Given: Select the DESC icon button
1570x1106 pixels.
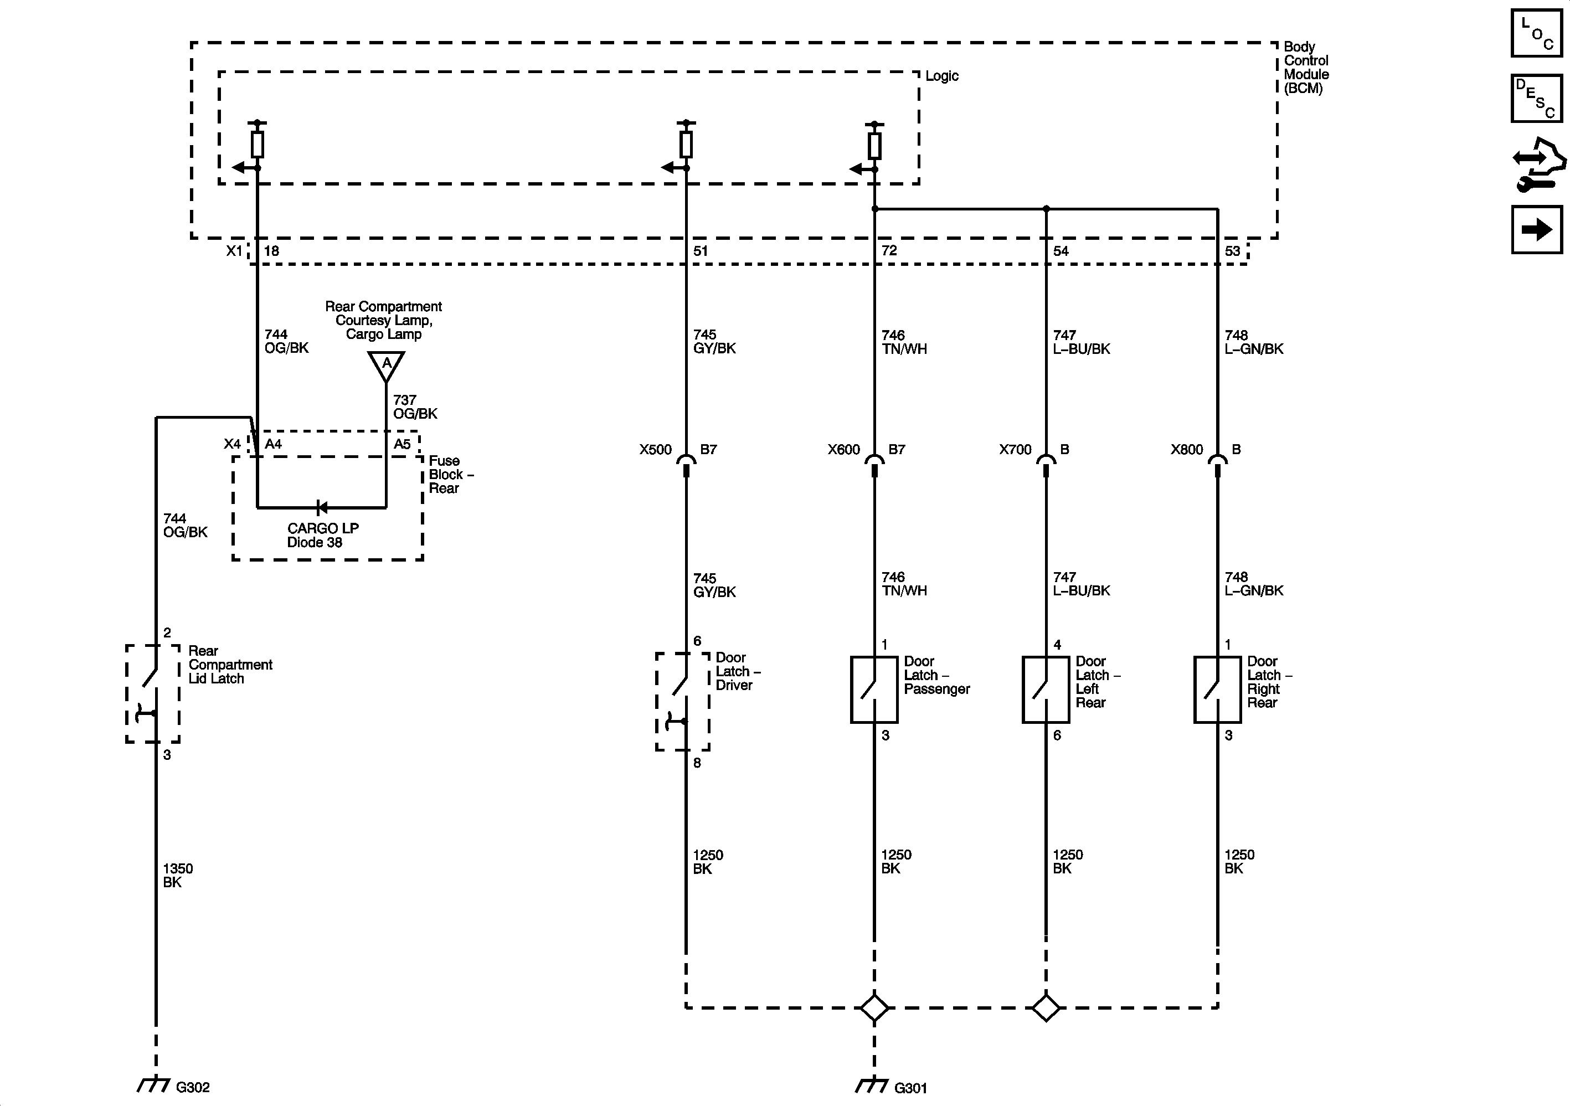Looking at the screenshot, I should tap(1536, 98).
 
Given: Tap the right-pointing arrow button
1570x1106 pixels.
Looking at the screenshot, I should tap(1536, 230).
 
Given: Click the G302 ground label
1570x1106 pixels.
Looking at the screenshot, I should tap(192, 1087).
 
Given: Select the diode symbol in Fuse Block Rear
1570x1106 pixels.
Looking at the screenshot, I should tap(321, 507).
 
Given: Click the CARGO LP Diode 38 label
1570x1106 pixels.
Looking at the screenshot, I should tap(322, 535).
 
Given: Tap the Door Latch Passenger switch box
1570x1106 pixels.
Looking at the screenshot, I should tap(874, 690).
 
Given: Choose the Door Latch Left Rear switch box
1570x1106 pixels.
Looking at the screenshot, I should tap(1046, 690).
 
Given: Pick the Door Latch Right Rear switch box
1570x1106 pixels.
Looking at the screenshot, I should tap(1217, 690).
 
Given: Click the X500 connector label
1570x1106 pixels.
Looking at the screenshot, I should tap(655, 449).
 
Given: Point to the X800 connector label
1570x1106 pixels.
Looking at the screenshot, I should tap(1186, 449).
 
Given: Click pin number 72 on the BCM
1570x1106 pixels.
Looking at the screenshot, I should tap(889, 250).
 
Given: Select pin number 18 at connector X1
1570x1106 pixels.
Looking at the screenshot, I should tap(271, 251).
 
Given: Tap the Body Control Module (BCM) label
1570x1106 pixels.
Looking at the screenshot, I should tap(1305, 67).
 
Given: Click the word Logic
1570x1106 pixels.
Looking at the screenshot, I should tap(941, 76).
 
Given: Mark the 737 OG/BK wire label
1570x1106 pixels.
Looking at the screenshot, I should tap(415, 407).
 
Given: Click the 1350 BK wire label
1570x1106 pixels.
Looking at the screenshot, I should tap(177, 875).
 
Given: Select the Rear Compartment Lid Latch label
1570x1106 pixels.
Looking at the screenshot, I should tap(230, 664).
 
